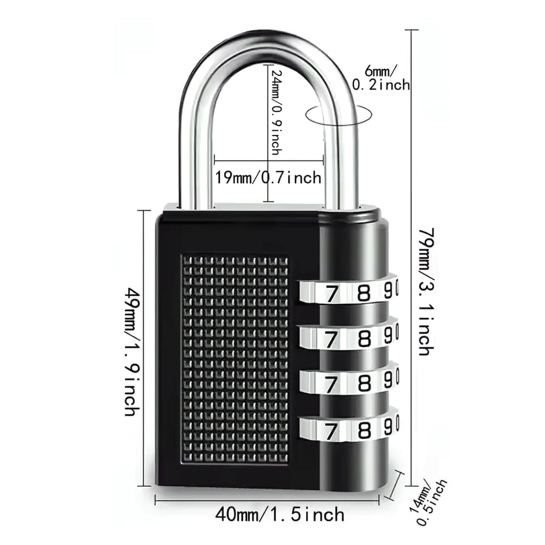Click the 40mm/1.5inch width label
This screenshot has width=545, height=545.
[x=279, y=514]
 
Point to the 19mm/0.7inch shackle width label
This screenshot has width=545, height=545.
[x=268, y=178]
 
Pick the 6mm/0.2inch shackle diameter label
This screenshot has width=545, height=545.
[x=381, y=77]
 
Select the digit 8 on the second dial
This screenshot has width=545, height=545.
[x=364, y=339]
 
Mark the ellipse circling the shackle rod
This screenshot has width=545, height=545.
[x=339, y=116]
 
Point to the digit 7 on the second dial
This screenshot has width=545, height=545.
[x=331, y=340]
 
